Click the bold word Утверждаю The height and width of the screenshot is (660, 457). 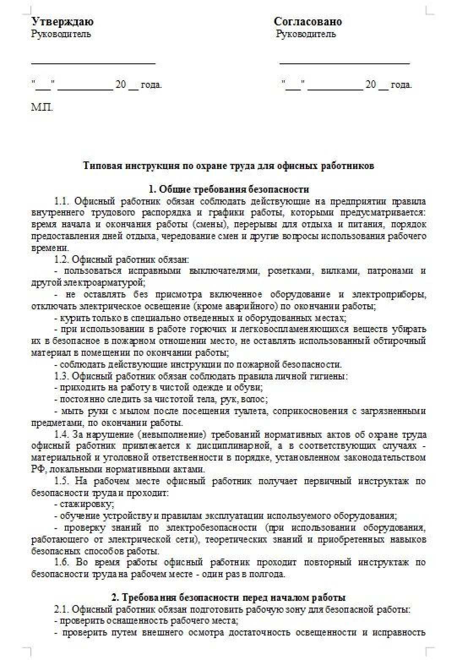62,22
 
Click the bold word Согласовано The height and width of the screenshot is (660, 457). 308,22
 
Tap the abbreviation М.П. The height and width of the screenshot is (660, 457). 42,107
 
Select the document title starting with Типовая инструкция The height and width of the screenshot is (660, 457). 228,166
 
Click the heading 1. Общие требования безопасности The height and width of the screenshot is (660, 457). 228,189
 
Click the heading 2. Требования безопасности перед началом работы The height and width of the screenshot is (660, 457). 228,597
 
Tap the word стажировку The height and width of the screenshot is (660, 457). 87,504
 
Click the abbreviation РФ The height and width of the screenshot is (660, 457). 38,469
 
